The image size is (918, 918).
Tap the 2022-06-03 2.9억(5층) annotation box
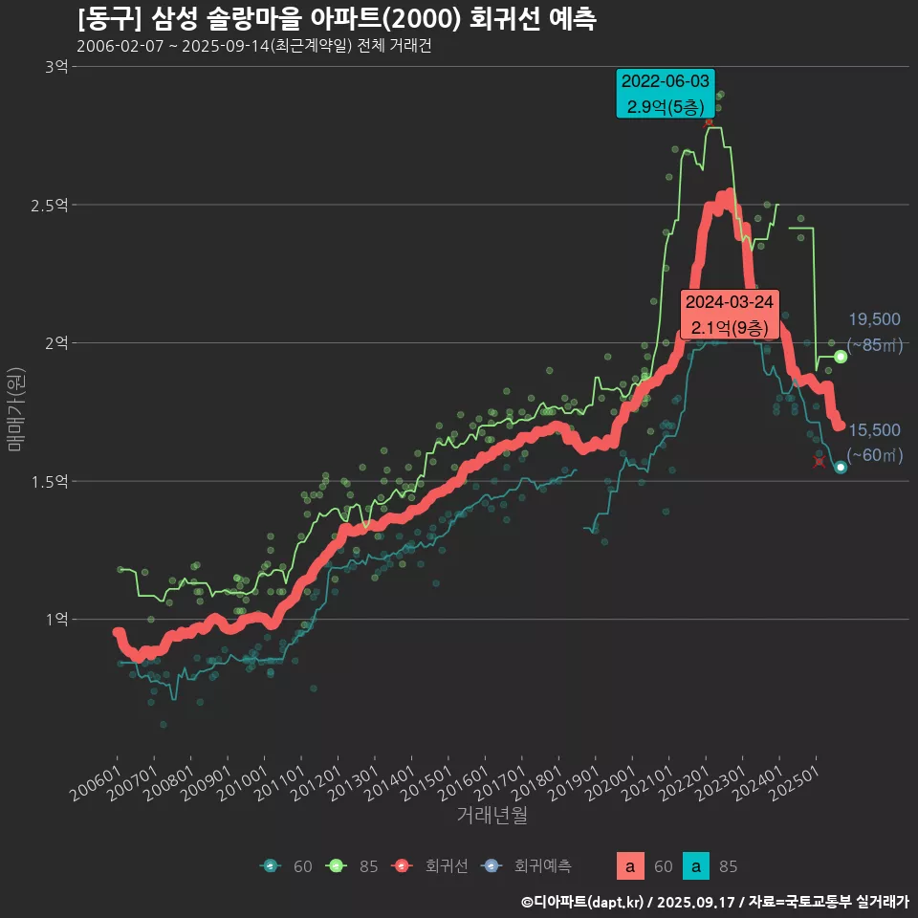pos(666,94)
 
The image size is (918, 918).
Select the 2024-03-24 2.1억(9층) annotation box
pos(730,315)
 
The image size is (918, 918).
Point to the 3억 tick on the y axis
pos(55,67)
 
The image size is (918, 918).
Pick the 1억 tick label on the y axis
pos(55,620)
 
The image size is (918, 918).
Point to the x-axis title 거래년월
pos(492,815)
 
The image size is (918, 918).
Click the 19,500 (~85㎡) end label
pos(874,332)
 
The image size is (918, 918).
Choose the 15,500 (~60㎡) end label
pos(874,443)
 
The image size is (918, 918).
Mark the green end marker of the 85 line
pos(841,357)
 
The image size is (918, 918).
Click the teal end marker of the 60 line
pos(841,468)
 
